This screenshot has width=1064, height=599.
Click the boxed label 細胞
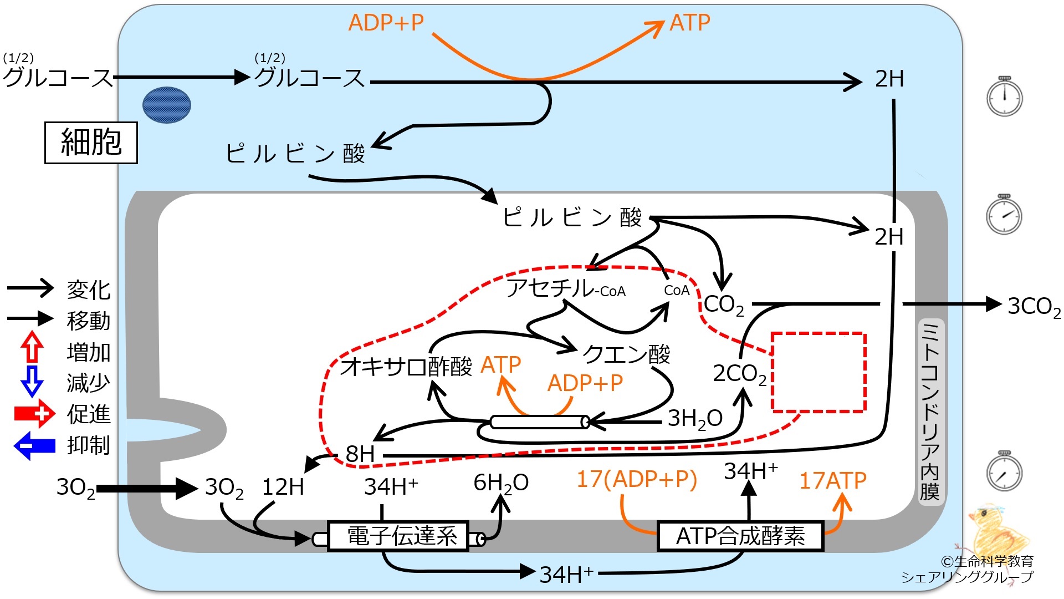(x=91, y=143)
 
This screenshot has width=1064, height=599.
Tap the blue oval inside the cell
(x=167, y=105)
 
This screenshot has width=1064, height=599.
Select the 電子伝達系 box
(x=398, y=536)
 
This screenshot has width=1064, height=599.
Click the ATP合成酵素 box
(x=740, y=536)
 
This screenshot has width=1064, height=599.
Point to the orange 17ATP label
(x=832, y=480)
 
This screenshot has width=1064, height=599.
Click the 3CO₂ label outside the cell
(x=1034, y=307)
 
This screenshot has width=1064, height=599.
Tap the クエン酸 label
(x=626, y=353)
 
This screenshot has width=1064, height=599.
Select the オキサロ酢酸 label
(x=406, y=367)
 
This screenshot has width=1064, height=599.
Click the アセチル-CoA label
(x=566, y=288)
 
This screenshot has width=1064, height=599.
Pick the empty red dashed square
(x=819, y=372)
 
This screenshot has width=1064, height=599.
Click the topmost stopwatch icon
(x=1004, y=96)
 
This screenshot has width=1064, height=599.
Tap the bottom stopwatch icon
(x=1004, y=471)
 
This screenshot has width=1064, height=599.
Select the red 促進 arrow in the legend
(x=34, y=414)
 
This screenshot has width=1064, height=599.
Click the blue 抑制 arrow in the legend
(x=34, y=445)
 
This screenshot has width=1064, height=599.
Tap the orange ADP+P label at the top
(x=386, y=23)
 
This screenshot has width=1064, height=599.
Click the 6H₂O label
(x=501, y=484)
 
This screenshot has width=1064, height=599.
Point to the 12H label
(x=283, y=487)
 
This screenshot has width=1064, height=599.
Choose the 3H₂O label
(x=695, y=419)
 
